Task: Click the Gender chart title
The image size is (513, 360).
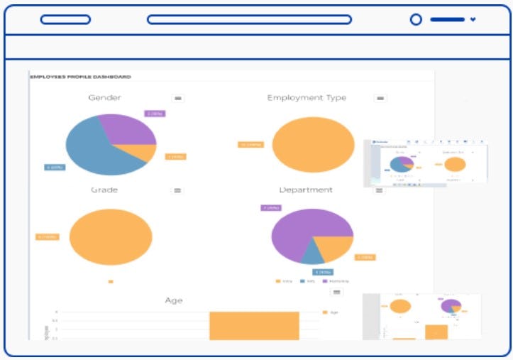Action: click(104, 98)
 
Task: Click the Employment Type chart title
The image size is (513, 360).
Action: click(307, 98)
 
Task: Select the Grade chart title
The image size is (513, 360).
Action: click(104, 190)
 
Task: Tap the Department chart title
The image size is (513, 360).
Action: click(306, 190)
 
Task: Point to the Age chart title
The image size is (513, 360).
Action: click(173, 301)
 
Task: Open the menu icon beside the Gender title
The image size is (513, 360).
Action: click(178, 98)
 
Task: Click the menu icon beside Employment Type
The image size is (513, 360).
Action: click(380, 98)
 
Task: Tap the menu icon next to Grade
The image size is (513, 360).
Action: click(177, 190)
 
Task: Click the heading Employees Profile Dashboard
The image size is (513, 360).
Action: click(80, 77)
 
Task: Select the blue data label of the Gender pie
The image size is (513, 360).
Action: click(55, 168)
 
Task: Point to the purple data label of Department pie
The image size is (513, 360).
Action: click(271, 208)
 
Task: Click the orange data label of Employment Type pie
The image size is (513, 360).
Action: click(250, 145)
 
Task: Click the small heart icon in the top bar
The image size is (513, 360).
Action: click(473, 20)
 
